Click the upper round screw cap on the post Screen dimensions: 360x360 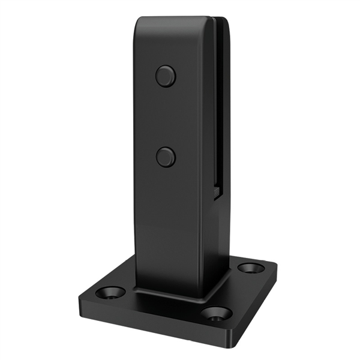tap(166, 76)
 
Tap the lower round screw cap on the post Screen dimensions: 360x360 tap(166, 157)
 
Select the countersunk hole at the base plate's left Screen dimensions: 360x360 tap(112, 293)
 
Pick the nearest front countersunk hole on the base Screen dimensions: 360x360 tap(217, 313)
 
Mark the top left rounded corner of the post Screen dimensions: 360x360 tap(139, 23)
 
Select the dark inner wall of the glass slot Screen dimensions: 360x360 tap(220, 108)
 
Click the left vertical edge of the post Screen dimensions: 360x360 tap(136, 150)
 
